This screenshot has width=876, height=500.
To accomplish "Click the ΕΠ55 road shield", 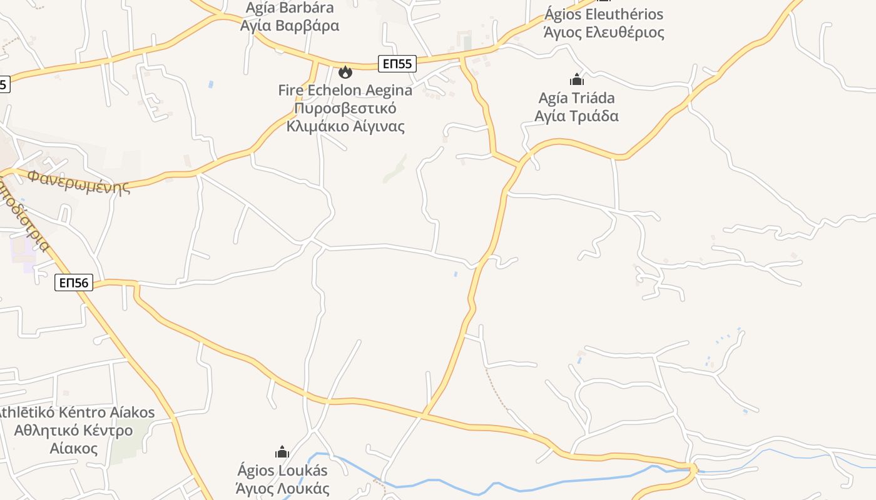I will point(397,63).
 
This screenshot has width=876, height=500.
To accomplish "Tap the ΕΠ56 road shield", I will point(74,282).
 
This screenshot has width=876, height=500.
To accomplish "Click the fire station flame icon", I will point(345,72).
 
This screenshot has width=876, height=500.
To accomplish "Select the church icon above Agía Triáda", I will point(576,79).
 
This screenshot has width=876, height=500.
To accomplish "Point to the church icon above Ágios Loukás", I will point(282,451).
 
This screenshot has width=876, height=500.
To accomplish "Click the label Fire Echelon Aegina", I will point(345,90).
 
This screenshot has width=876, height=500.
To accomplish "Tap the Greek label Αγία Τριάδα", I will point(576,116).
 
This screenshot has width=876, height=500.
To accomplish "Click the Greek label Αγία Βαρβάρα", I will point(290,26).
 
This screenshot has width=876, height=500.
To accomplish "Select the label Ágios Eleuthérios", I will point(604,14).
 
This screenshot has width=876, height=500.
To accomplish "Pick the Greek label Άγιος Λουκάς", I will point(282,488).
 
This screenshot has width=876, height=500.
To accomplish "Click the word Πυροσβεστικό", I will point(345,108).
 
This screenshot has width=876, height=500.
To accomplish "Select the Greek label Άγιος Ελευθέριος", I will point(604,32).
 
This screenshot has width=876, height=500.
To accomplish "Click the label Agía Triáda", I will point(576,98).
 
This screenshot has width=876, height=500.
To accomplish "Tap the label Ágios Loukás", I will point(282,470).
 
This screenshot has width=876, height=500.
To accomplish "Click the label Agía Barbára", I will point(290,8).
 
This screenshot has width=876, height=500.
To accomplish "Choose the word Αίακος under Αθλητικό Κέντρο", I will point(73,448).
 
